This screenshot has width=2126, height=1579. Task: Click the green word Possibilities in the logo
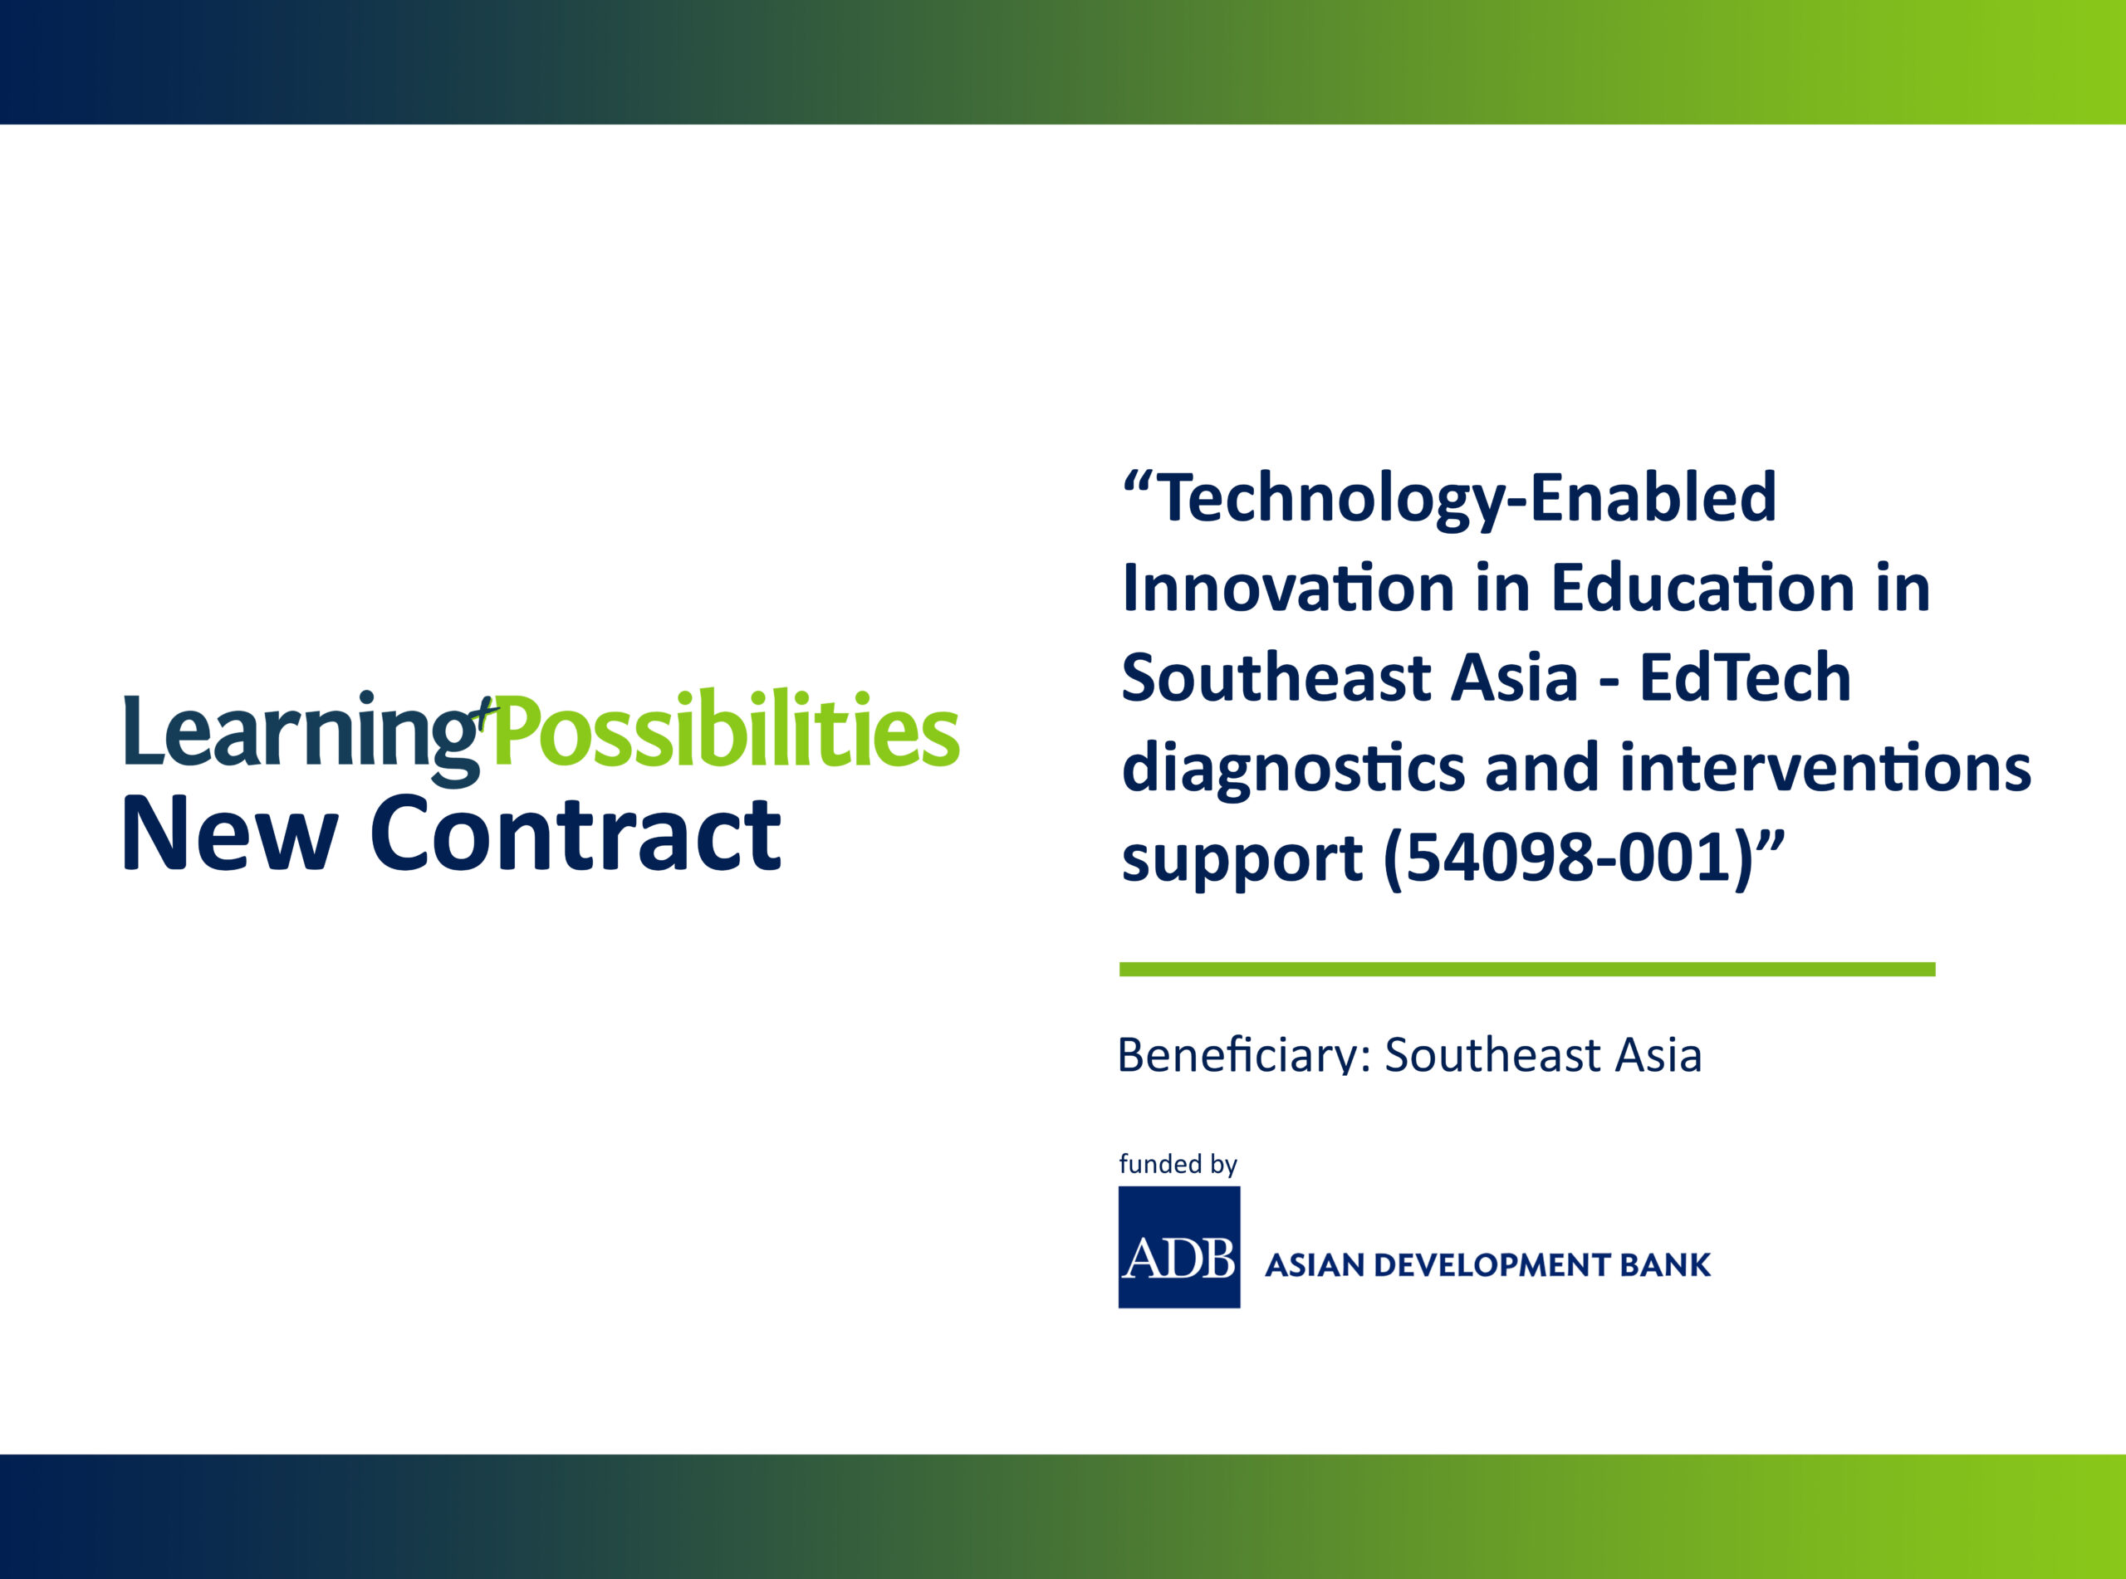pos(727,729)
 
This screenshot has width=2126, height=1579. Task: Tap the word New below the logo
pos(230,834)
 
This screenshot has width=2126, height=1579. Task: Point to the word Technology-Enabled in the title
pos(1467,500)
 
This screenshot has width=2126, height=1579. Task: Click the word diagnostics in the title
pos(1293,769)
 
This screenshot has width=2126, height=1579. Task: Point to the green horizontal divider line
pos(1526,969)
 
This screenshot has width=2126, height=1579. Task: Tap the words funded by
pos(1178,1165)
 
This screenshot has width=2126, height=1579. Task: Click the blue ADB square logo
pos(1179,1247)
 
